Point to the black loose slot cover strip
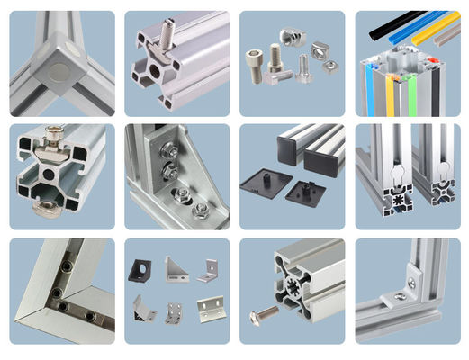(394, 17)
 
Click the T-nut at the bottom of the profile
(55, 208)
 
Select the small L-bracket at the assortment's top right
(208, 267)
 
